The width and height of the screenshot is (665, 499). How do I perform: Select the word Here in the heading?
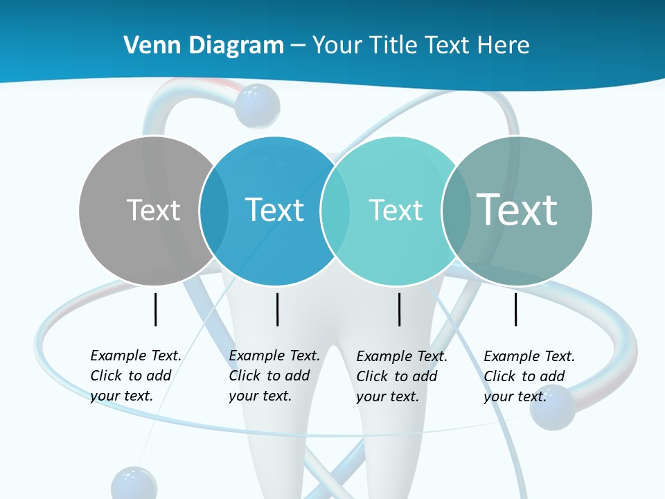(x=504, y=46)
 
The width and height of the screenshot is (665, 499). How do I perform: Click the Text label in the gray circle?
(x=153, y=210)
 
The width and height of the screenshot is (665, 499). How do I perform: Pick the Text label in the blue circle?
(x=275, y=210)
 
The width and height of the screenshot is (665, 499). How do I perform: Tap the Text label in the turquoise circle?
(x=396, y=210)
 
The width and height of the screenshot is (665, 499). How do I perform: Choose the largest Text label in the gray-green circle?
(x=517, y=209)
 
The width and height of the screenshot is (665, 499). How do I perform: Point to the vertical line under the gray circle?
(x=155, y=309)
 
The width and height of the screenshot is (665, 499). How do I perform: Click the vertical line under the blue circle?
(x=277, y=309)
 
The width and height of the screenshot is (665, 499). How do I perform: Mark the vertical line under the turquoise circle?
(x=400, y=309)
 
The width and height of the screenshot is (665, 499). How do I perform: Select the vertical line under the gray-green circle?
(x=515, y=309)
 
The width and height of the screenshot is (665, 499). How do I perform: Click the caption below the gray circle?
(x=136, y=376)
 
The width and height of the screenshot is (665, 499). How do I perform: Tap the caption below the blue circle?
(x=274, y=376)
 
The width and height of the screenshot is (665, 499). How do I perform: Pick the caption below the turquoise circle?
(x=402, y=376)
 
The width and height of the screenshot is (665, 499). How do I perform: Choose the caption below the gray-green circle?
(x=529, y=376)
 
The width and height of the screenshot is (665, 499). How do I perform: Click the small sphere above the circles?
(x=257, y=105)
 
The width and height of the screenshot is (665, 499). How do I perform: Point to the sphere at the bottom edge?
(x=134, y=483)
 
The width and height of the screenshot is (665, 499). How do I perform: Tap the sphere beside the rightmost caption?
(x=552, y=407)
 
